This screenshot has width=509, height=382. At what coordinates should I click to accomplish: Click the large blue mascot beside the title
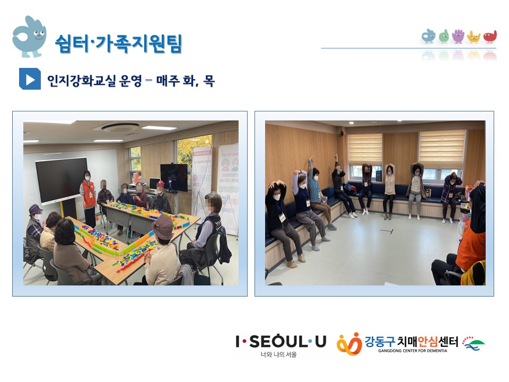(x=29, y=37)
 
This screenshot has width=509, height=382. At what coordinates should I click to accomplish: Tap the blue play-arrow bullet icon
(x=30, y=79)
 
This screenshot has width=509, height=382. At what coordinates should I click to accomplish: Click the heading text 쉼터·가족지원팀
(x=118, y=44)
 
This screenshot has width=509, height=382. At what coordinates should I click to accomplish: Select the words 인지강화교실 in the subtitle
(x=82, y=81)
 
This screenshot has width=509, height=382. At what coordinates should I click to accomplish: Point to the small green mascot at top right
(x=444, y=37)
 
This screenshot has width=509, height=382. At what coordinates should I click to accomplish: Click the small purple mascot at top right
(x=458, y=37)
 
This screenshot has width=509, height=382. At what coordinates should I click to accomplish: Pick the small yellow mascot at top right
(x=473, y=37)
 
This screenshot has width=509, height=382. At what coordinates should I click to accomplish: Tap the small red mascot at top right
(x=490, y=37)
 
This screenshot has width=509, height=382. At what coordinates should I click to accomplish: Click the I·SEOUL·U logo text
(x=281, y=342)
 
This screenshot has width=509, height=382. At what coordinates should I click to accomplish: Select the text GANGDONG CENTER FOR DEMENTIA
(x=413, y=351)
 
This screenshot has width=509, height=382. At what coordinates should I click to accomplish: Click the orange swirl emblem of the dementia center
(x=349, y=344)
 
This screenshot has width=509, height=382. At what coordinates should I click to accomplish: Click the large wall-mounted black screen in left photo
(x=62, y=180)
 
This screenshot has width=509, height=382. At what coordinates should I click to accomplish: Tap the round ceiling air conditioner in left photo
(x=120, y=127)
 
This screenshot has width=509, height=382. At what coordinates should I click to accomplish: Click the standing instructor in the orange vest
(x=88, y=198)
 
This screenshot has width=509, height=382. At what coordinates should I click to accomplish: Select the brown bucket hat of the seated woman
(x=163, y=227)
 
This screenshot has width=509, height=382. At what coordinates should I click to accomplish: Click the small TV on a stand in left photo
(x=174, y=177)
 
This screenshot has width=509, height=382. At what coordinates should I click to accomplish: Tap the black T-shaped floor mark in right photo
(x=387, y=231)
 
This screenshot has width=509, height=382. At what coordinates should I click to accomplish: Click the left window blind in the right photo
(x=365, y=150)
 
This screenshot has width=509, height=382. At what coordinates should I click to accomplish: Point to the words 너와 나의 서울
(x=278, y=355)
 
